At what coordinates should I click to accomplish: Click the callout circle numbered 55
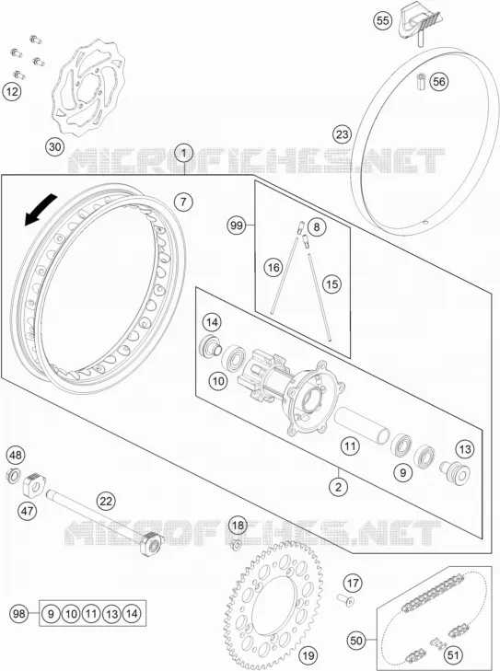pyautogui.click(x=383, y=20)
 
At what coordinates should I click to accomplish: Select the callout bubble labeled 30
pyautogui.click(x=55, y=147)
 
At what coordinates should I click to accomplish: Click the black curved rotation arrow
pyautogui.click(x=41, y=209)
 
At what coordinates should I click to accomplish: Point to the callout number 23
pyautogui.click(x=342, y=134)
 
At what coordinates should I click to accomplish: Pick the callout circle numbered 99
pyautogui.click(x=237, y=226)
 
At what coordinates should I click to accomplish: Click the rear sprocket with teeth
pyautogui.click(x=276, y=607)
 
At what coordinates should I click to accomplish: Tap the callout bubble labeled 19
pyautogui.click(x=308, y=654)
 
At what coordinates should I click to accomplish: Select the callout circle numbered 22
pyautogui.click(x=106, y=501)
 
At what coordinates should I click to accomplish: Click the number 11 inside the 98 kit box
pyautogui.click(x=91, y=614)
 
